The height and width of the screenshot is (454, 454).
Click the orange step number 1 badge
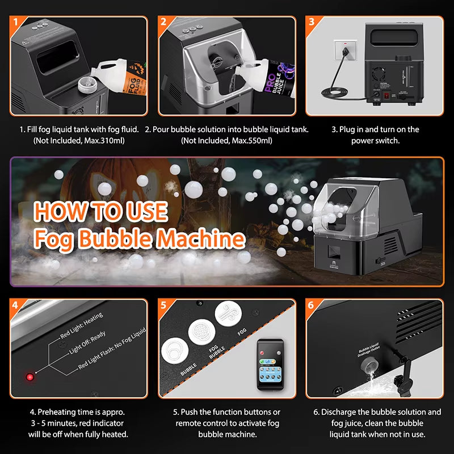(17, 22)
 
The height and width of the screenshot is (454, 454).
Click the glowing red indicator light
(29, 376)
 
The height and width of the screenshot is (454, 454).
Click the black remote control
(270, 366)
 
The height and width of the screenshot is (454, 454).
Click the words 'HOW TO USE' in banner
(100, 211)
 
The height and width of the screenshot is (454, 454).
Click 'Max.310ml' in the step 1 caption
(104, 140)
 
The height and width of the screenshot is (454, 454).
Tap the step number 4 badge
(17, 305)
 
